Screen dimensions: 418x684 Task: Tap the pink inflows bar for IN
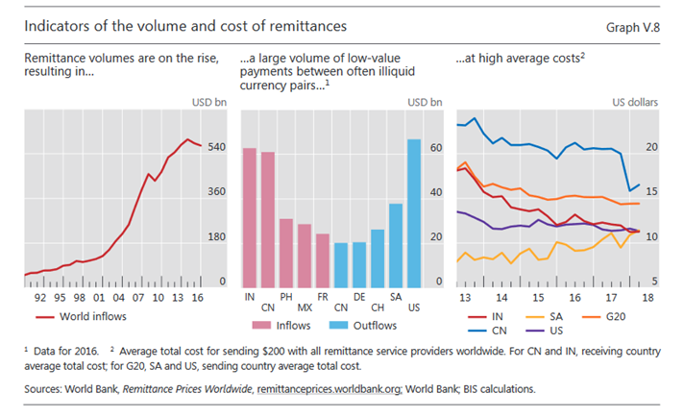pyautogui.click(x=249, y=217)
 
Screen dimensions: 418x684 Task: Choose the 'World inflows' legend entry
pyautogui.click(x=93, y=315)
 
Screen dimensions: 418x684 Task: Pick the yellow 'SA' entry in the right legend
pyautogui.click(x=553, y=315)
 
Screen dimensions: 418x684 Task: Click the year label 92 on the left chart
pyautogui.click(x=40, y=298)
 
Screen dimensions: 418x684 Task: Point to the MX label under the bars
pyautogui.click(x=304, y=307)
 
